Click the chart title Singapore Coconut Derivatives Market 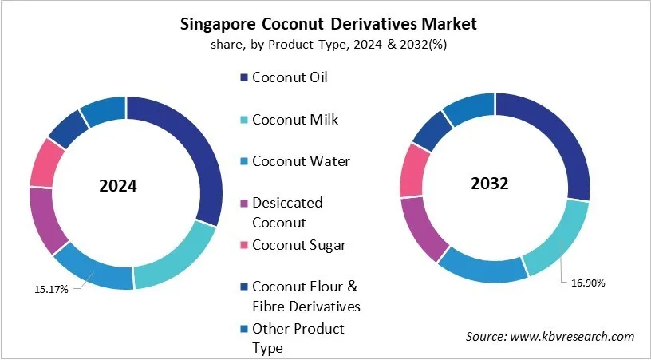325,23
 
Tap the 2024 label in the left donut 118,186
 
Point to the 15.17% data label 49,289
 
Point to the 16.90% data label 590,283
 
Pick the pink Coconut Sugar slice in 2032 414,169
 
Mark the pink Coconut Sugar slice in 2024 46,163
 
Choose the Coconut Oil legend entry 290,78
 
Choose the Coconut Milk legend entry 294,120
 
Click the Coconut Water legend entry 300,161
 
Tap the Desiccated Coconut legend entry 287,212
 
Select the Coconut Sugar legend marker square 243,246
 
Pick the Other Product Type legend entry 298,338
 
